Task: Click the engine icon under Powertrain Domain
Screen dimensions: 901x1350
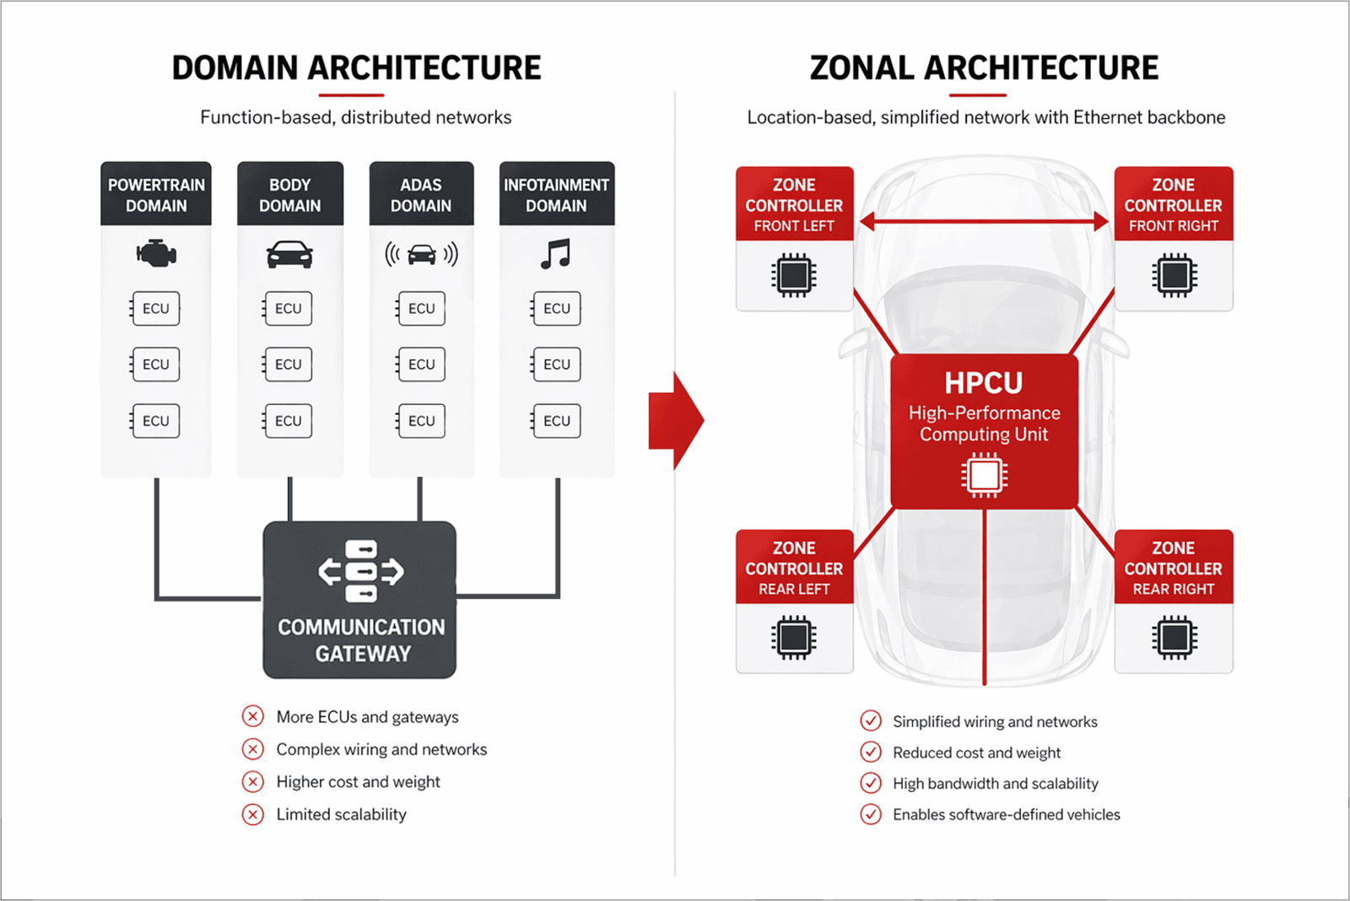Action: click(x=156, y=253)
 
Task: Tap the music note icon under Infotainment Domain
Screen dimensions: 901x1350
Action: click(x=556, y=253)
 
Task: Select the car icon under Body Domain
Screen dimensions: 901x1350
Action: click(x=289, y=254)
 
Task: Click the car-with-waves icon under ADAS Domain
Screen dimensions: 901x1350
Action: click(x=421, y=254)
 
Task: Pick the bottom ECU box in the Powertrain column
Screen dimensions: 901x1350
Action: click(x=155, y=421)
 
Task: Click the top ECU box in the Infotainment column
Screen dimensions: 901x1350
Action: click(x=556, y=309)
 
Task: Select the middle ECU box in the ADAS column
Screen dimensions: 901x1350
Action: click(x=421, y=364)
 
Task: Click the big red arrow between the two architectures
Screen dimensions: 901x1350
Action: click(x=676, y=419)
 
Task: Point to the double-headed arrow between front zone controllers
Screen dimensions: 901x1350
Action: click(x=984, y=222)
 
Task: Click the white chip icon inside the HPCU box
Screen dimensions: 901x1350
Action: click(x=984, y=475)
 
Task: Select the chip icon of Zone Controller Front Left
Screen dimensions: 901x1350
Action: click(x=793, y=275)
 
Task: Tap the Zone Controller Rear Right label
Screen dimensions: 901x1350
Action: click(x=1173, y=568)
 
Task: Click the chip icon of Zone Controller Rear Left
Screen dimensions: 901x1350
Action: click(x=793, y=638)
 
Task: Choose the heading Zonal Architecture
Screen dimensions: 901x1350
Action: click(x=984, y=68)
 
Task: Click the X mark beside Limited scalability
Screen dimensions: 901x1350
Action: click(x=253, y=814)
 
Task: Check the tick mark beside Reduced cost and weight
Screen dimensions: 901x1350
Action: click(x=871, y=752)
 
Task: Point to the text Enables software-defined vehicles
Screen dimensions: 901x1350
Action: click(x=1006, y=814)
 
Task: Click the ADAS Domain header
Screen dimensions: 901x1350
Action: click(x=421, y=195)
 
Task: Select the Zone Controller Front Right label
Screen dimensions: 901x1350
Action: click(x=1173, y=204)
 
